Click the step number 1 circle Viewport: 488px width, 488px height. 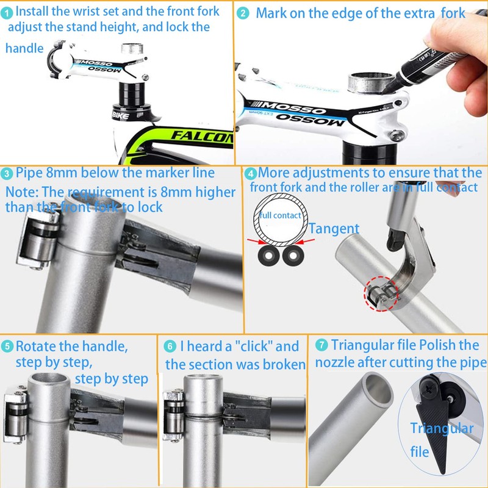(x=6, y=13)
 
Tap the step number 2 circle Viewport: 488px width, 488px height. (x=243, y=13)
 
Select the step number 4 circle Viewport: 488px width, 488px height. (x=251, y=174)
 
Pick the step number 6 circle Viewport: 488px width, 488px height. (x=170, y=346)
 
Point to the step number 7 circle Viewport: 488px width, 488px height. (x=321, y=345)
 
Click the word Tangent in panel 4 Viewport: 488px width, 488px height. (x=334, y=229)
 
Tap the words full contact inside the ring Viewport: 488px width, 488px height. (x=280, y=215)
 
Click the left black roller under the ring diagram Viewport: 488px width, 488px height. (x=268, y=256)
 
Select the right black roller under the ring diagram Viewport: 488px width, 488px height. (x=293, y=256)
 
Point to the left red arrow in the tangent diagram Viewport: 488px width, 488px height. (x=257, y=242)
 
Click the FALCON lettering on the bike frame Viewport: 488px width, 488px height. (x=203, y=136)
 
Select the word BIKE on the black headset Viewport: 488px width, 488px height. (x=120, y=116)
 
